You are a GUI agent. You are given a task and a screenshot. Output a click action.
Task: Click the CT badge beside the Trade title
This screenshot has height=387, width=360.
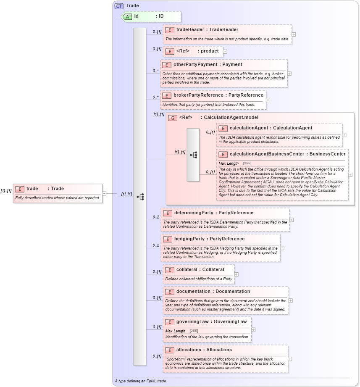119,6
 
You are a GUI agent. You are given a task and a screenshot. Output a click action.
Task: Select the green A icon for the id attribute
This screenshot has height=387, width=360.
127,16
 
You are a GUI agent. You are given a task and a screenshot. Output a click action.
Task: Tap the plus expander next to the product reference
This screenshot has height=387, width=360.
225,52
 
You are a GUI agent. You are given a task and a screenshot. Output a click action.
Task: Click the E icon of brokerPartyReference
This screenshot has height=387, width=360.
167,95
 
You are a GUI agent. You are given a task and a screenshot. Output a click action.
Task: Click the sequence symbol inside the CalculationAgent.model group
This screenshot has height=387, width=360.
193,155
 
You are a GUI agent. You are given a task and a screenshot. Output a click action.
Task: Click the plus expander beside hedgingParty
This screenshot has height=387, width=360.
282,248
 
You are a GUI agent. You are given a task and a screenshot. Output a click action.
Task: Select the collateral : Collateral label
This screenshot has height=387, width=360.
200,270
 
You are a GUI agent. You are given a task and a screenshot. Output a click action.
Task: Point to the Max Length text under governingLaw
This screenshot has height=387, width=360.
175,331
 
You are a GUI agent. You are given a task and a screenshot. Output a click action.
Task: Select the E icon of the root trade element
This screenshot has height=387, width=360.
20,189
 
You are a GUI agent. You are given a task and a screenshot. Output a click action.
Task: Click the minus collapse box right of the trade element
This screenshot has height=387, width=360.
105,194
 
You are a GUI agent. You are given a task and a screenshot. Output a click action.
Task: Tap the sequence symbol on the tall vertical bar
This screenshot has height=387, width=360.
140,197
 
